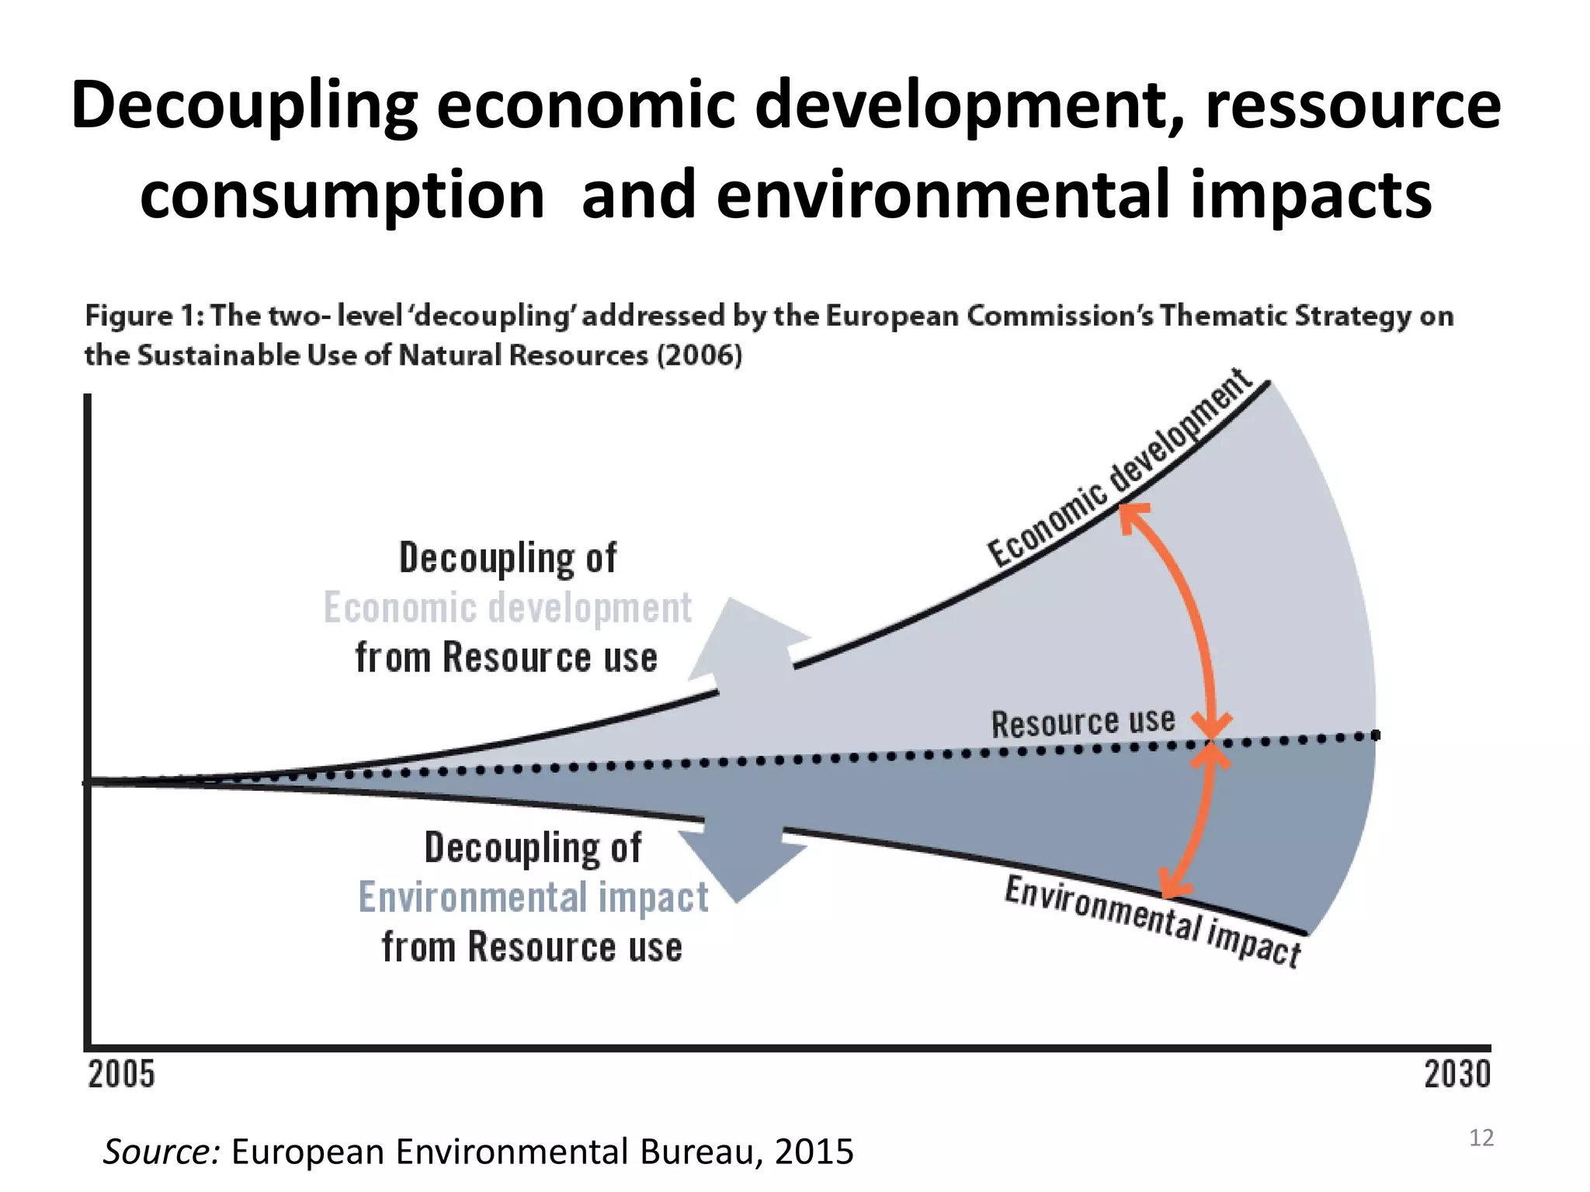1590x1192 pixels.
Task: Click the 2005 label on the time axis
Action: point(121,1075)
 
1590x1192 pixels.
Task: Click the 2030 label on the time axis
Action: point(1457,1075)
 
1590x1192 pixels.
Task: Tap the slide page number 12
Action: point(1481,1138)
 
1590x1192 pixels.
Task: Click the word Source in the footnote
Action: point(161,1151)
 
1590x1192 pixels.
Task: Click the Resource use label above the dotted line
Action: point(1083,722)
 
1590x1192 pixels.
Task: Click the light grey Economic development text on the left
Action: point(507,608)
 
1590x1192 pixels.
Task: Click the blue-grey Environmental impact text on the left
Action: point(533,898)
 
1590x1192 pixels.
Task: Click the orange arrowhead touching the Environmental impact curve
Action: point(1172,885)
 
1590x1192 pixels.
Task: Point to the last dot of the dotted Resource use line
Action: point(1375,735)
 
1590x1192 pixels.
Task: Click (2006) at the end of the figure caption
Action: point(700,355)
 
